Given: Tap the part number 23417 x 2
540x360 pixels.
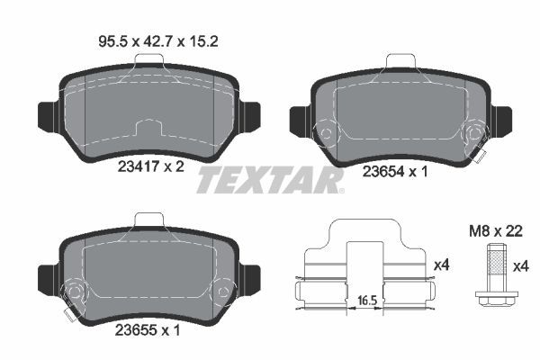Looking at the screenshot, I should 150,166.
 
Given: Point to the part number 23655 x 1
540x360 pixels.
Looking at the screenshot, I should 148,329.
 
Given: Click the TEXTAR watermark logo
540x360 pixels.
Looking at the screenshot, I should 270,179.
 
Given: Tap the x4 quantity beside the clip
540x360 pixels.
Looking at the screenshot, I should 441,265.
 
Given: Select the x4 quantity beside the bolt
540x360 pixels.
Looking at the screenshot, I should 519,265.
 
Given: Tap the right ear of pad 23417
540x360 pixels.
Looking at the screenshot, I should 250,115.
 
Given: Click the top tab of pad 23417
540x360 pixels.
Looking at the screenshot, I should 148,59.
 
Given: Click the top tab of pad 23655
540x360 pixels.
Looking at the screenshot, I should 148,219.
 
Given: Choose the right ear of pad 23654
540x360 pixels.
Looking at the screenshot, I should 502,119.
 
